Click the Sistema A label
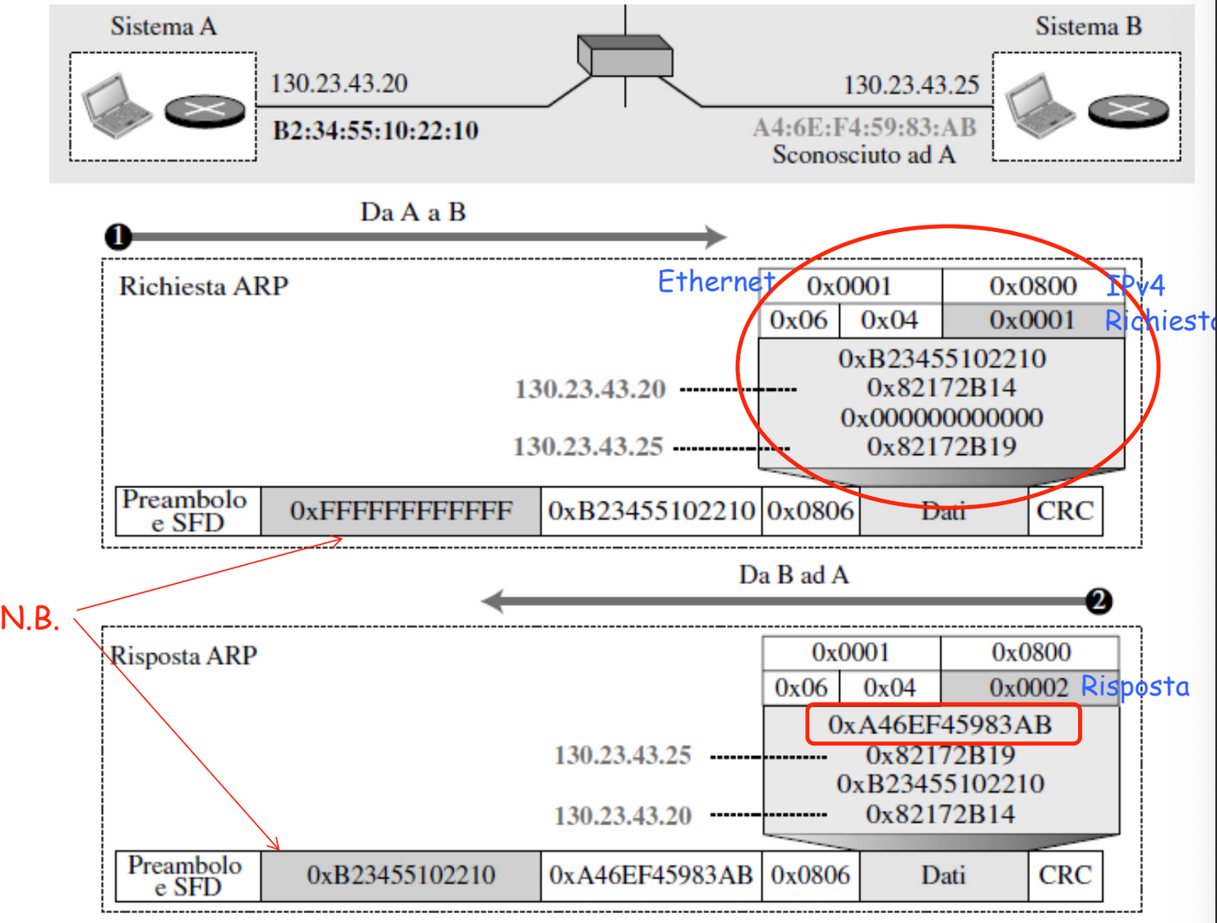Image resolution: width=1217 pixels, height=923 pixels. [164, 26]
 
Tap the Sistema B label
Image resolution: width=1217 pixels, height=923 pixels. [1089, 26]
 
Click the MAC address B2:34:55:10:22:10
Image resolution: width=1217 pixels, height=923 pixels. [375, 131]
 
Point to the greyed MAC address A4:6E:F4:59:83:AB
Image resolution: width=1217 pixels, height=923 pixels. [864, 128]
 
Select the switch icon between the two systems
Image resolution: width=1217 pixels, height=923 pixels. [625, 55]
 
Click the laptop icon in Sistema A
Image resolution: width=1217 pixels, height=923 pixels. [117, 105]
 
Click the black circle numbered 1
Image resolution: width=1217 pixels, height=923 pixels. [118, 237]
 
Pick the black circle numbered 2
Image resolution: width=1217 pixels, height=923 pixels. [1099, 601]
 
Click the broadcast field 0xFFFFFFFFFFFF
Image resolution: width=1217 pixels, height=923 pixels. [400, 511]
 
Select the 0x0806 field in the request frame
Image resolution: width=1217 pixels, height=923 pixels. [811, 511]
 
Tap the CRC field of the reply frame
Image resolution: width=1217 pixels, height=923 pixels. [1065, 875]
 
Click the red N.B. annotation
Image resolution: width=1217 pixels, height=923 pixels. [30, 618]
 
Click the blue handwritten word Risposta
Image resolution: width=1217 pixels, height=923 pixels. [1135, 687]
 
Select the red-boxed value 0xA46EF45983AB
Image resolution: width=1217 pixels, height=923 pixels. [941, 725]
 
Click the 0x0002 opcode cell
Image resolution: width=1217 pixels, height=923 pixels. [1029, 688]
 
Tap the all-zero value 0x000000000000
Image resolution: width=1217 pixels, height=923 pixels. [942, 418]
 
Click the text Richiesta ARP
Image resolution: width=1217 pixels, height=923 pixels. [203, 286]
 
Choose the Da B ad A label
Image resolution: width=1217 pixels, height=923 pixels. [794, 575]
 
